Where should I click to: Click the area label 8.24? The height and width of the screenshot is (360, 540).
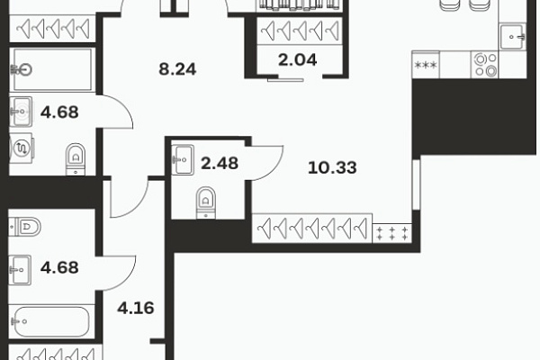point(177,69)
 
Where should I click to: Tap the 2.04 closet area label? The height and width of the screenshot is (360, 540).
point(298,60)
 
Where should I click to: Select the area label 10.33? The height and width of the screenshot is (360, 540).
point(332,167)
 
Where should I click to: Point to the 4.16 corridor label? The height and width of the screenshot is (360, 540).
point(136,308)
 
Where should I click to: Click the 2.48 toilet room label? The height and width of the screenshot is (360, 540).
point(220,163)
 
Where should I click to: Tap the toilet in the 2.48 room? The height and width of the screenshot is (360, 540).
point(206,202)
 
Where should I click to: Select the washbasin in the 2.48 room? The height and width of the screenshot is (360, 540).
point(183,160)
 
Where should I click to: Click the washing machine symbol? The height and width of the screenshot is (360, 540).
point(21,148)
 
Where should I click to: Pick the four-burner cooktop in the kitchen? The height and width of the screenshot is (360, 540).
point(485,65)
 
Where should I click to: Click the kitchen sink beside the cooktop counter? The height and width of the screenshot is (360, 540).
point(513,37)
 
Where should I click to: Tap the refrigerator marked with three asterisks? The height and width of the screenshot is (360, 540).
point(426,65)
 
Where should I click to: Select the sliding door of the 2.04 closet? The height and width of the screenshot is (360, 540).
point(285,79)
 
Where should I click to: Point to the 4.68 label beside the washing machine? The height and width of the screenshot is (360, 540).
point(59,112)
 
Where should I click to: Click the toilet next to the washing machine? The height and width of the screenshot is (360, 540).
point(76,159)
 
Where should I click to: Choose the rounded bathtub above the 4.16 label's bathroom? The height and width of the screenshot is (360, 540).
point(51,322)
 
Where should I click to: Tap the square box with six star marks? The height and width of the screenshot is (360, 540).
point(392,233)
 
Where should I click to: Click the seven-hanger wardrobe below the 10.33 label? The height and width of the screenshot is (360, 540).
point(312,228)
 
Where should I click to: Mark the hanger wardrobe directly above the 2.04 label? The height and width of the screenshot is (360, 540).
point(300,31)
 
